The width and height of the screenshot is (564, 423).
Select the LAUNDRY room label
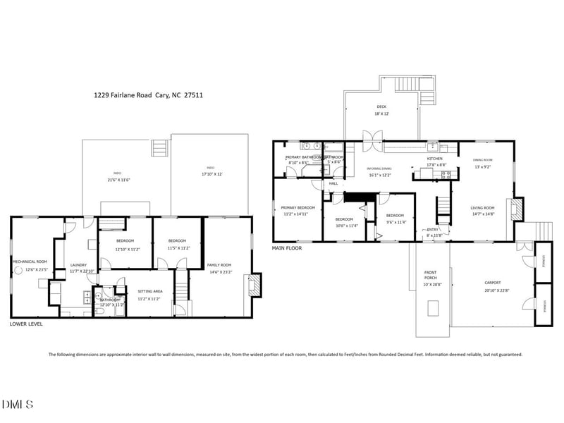coord(78,265)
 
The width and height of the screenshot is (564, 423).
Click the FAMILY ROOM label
coord(219,265)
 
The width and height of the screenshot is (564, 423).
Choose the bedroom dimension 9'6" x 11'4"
coord(394,222)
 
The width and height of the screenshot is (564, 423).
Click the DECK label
coord(381,106)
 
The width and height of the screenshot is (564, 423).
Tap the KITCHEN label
coord(434,159)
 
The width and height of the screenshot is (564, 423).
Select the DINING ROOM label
coord(482,160)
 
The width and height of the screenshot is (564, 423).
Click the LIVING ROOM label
coord(482,207)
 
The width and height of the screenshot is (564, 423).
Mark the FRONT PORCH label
coord(431,275)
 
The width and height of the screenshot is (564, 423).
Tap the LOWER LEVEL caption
coord(26,324)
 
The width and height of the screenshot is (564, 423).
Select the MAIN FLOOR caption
coord(287,248)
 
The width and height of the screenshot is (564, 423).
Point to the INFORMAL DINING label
coord(379,168)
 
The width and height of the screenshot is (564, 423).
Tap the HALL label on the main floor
coord(333,183)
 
